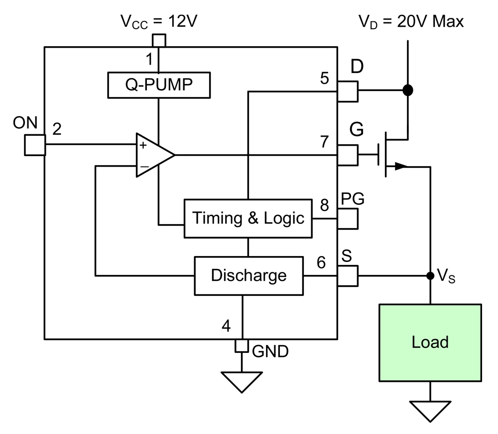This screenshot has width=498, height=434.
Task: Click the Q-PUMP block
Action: (x=159, y=85)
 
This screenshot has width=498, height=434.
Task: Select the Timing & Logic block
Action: (x=248, y=218)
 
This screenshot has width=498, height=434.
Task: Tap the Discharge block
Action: (x=249, y=275)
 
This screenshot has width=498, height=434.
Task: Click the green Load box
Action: (x=430, y=343)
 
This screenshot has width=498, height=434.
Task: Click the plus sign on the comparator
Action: (x=143, y=146)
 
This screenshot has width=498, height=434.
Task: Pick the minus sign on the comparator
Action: (x=143, y=166)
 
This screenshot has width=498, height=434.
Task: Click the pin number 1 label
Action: (x=149, y=60)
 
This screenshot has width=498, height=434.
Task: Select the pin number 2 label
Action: (x=57, y=129)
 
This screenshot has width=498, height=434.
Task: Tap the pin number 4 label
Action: (x=226, y=327)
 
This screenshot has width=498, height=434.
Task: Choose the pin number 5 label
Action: (x=325, y=79)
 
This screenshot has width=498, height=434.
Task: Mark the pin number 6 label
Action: (x=321, y=262)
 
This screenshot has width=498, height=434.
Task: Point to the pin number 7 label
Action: (x=325, y=142)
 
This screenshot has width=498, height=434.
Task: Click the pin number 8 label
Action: (x=325, y=205)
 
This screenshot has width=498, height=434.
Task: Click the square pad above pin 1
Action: (x=159, y=40)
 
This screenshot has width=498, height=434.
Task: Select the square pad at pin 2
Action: (x=35, y=145)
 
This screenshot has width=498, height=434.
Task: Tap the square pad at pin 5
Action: (x=348, y=91)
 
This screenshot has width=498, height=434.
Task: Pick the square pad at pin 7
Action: (x=348, y=155)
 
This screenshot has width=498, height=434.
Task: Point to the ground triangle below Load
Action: (x=430, y=411)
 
